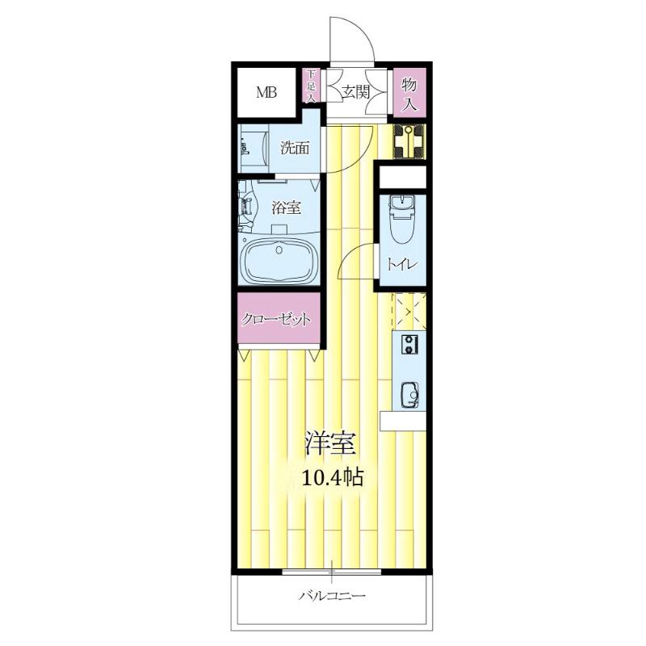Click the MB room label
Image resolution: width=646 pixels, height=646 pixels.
[x=266, y=92]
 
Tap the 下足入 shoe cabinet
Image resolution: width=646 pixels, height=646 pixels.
[x=311, y=86]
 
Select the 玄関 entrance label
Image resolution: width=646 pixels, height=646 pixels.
[x=355, y=92]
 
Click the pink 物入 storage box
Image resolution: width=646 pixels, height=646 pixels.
[x=409, y=94]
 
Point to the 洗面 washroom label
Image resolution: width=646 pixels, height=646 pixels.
[x=295, y=148]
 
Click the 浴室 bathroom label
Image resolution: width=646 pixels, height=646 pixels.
[x=286, y=208]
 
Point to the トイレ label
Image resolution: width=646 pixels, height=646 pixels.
[x=402, y=264]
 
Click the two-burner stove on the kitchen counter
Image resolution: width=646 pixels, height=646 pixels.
[x=409, y=345]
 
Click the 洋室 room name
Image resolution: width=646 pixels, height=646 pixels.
[x=329, y=443]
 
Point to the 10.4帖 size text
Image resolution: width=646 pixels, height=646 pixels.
[x=333, y=478]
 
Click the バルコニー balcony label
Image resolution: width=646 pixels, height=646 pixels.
[x=332, y=595]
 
